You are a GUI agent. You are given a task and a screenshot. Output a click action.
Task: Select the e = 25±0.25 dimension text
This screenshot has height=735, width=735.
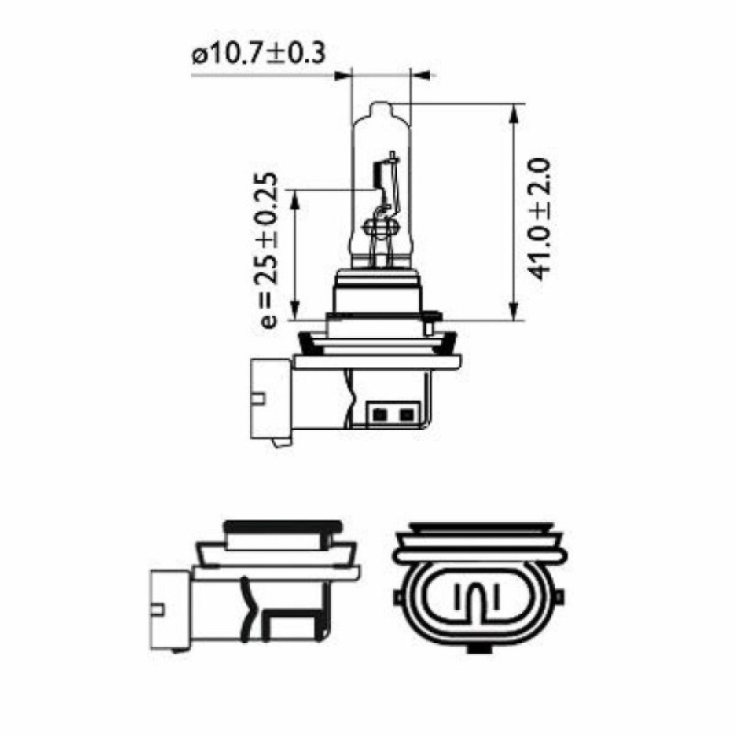click(269, 250)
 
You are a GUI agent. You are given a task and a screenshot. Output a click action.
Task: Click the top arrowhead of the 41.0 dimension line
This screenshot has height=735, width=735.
click(513, 111)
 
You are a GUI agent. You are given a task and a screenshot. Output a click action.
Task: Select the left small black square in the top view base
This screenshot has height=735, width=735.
click(381, 415)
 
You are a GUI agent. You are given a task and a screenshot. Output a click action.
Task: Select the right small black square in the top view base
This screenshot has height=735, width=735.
click(404, 415)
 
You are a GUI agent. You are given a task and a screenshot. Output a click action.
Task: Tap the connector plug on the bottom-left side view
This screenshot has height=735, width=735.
click(171, 607)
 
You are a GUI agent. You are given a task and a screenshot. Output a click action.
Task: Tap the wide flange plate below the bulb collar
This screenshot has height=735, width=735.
click(376, 361)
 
